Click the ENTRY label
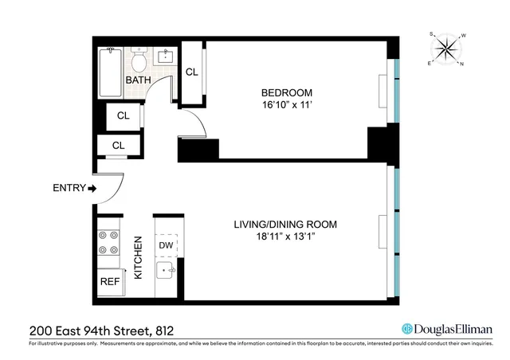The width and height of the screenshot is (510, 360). [x=68, y=189]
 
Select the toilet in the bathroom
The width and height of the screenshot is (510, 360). [x=139, y=61]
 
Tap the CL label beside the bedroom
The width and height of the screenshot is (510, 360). [x=191, y=72]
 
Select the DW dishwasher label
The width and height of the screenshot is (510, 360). [x=166, y=246]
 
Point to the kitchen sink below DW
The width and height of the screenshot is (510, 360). [x=167, y=272]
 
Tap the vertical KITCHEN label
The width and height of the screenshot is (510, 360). [x=138, y=257]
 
